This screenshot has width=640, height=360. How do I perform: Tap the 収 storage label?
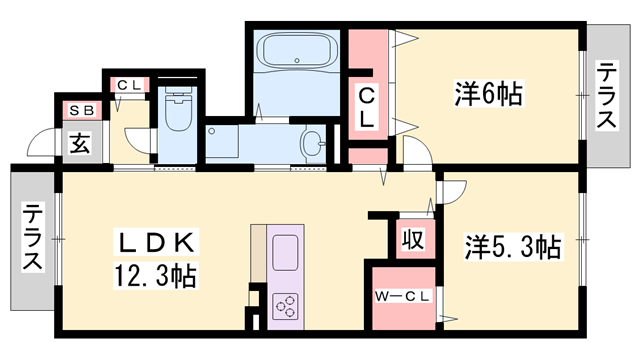(x=410, y=240)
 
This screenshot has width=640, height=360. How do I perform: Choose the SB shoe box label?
(x=78, y=109)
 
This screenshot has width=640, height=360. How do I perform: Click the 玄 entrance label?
(x=79, y=142)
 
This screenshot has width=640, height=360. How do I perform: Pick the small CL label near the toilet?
(x=129, y=85)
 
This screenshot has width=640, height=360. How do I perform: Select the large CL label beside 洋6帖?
(x=368, y=107)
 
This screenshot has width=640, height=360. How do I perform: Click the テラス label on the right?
(x=607, y=97)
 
